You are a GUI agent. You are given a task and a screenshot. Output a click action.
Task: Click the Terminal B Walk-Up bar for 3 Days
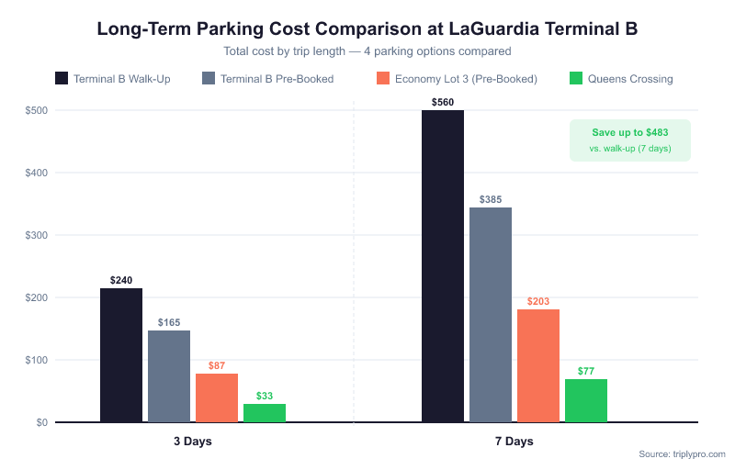point(121,355)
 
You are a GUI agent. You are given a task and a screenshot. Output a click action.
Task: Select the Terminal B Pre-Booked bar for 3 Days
point(169,376)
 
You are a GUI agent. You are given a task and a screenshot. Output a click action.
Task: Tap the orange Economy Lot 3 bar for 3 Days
point(217,397)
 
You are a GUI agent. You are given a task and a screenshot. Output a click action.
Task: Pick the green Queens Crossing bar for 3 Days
point(265,413)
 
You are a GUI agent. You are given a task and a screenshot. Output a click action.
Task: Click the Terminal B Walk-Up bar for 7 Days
point(443,266)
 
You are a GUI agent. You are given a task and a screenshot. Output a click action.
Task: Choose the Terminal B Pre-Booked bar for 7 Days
point(491,315)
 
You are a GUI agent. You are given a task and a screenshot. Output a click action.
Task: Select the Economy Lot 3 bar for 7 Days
point(538,365)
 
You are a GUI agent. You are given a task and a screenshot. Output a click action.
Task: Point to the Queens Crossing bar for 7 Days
point(586,400)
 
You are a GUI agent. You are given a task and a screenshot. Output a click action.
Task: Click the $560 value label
point(443,101)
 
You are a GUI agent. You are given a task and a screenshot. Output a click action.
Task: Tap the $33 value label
point(265,396)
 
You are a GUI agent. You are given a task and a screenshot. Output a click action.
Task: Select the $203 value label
point(538,301)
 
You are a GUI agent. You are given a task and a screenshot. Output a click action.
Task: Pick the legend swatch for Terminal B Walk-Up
point(62,78)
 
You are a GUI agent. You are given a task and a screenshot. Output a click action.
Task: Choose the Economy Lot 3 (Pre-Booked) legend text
point(466,79)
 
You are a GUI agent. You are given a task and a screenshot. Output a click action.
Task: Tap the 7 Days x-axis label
point(514,442)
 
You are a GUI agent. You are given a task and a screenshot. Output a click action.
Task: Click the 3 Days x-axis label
point(193,442)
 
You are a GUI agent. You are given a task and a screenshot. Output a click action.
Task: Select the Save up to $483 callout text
point(629,132)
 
